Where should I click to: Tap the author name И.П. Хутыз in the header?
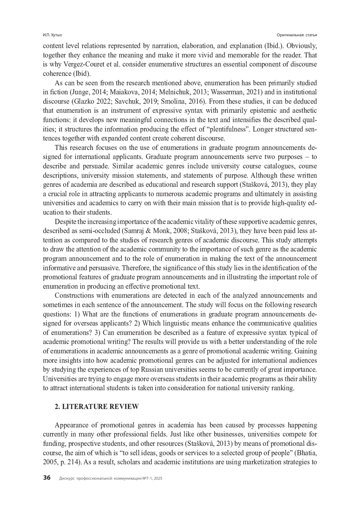(50, 35)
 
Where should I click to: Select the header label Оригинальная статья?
(297, 35)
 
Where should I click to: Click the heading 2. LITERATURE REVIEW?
(97, 407)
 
